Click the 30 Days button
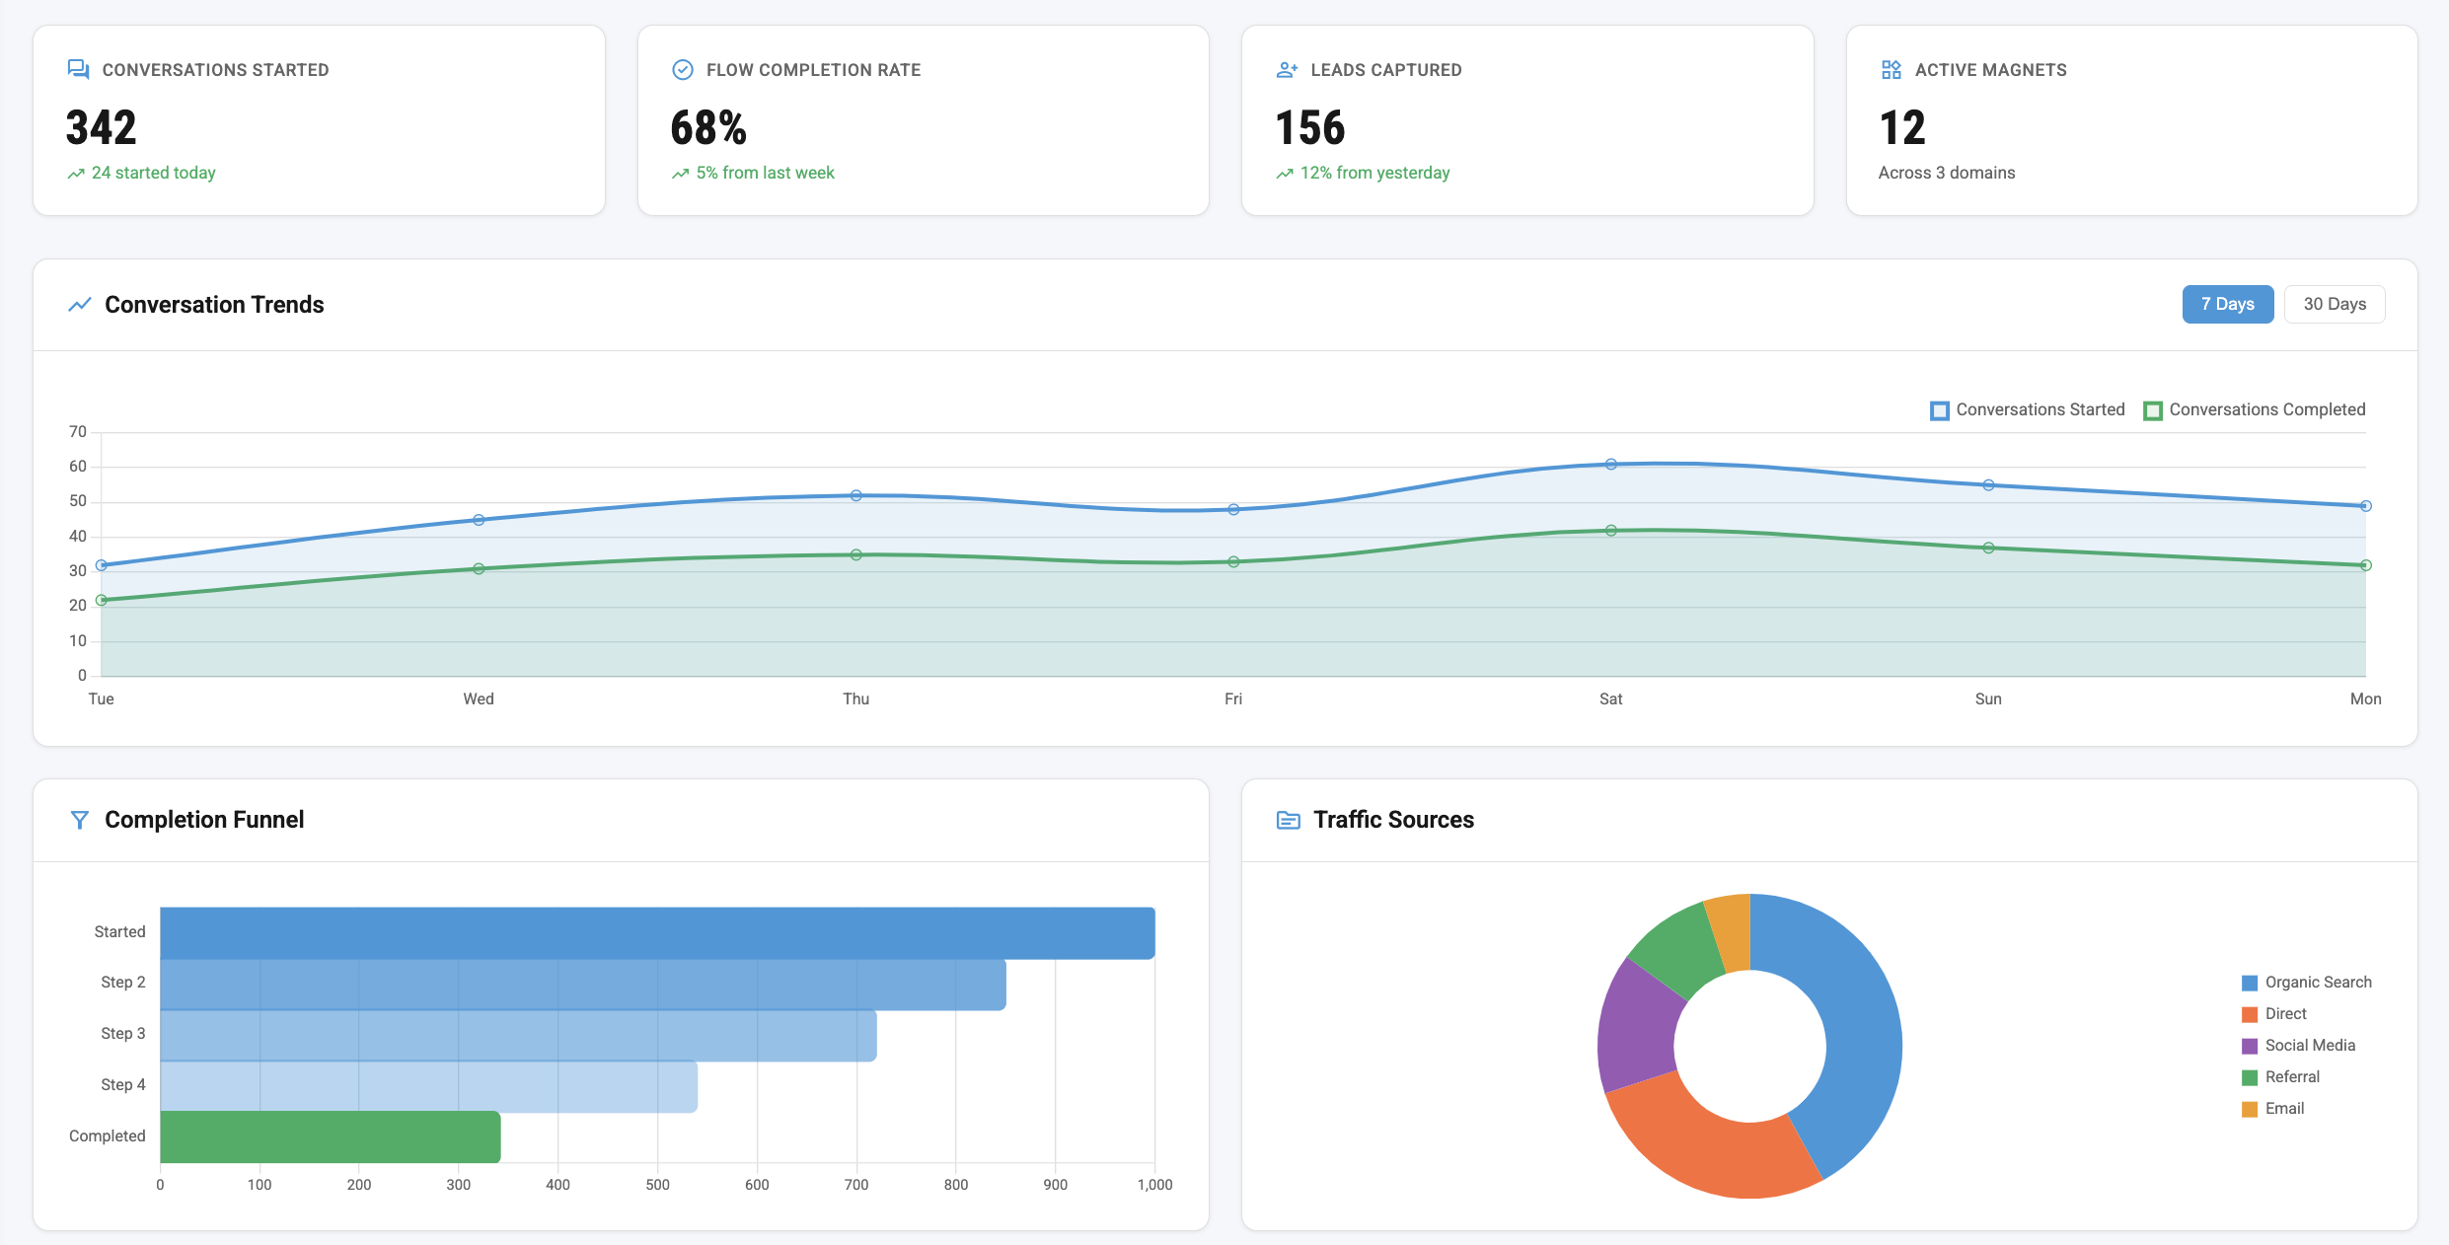[2334, 304]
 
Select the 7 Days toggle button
[2227, 304]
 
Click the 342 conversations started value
[101, 128]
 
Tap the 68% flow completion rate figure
[707, 128]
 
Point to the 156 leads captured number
[1309, 128]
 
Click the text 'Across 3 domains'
[1946, 173]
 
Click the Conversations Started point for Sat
[1610, 464]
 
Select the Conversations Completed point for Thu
[855, 554]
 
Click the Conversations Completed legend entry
[2255, 409]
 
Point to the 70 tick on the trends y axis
[78, 432]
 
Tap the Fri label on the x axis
[1232, 698]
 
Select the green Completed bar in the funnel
[331, 1136]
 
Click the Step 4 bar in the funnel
[428, 1086]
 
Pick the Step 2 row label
[122, 983]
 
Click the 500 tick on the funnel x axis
[657, 1185]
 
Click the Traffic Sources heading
[1392, 820]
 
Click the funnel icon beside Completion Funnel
[80, 820]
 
